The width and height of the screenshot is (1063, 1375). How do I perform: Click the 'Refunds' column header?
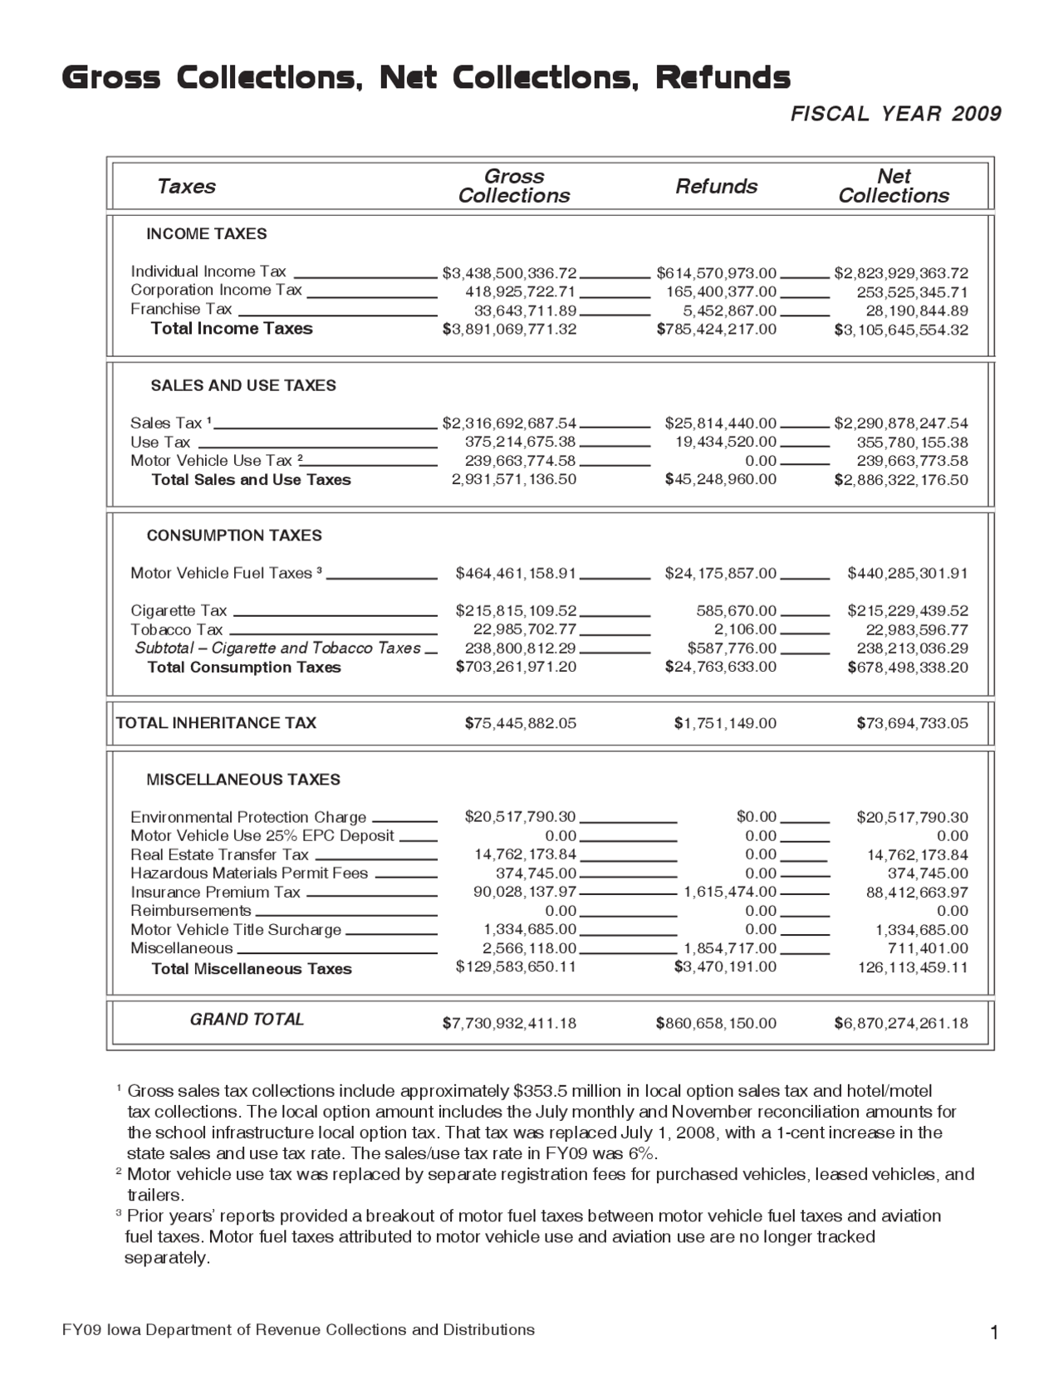[716, 186]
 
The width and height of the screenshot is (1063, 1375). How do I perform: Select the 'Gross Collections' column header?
[513, 186]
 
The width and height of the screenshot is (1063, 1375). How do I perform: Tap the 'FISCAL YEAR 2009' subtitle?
[896, 114]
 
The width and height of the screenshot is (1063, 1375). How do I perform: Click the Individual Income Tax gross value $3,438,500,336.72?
[509, 273]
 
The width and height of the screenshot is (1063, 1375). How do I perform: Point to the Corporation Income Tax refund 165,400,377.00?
[721, 292]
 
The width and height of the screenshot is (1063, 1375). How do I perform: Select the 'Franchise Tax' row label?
[181, 309]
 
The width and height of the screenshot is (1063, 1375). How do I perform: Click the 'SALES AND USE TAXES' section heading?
[243, 385]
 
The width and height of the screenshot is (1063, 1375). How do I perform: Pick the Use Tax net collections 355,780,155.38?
[912, 443]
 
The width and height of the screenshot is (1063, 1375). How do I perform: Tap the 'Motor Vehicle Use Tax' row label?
[211, 461]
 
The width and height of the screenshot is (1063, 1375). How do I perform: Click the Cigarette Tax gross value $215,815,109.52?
[516, 611]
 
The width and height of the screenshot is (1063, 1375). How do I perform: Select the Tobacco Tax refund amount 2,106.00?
[745, 630]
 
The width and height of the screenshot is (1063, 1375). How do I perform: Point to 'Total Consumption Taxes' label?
[244, 668]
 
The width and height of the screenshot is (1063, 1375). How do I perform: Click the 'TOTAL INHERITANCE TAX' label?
[216, 723]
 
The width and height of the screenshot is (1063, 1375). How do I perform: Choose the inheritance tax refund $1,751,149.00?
[725, 723]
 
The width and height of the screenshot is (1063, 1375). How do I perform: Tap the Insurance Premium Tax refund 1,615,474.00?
[730, 893]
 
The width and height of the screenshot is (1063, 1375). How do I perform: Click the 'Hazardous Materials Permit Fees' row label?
[249, 873]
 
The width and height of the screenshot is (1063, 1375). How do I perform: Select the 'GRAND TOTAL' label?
[247, 1020]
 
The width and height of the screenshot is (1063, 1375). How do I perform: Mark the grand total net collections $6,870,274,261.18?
[901, 1023]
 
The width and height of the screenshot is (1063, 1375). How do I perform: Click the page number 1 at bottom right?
[993, 1333]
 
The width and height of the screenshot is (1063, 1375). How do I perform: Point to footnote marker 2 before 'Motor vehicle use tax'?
[119, 1172]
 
